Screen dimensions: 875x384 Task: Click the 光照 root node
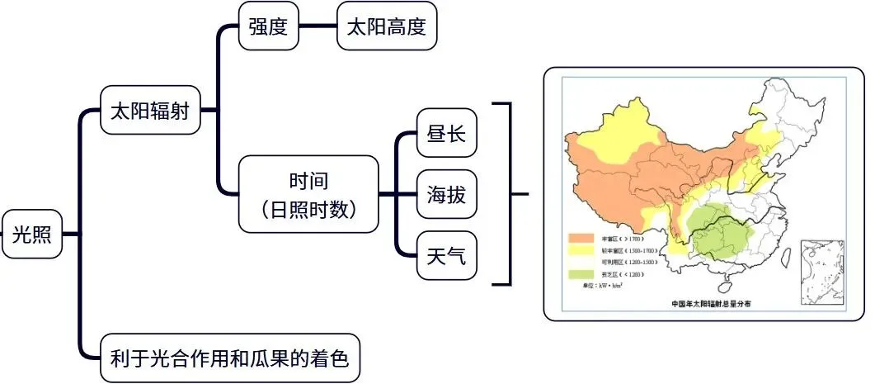[x=32, y=234]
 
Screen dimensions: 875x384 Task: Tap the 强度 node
[x=267, y=26]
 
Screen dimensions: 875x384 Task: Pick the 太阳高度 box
[x=387, y=26]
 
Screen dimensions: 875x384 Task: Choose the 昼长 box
[x=446, y=133]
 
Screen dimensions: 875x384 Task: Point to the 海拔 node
[x=446, y=196]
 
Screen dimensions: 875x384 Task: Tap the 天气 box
[x=446, y=257]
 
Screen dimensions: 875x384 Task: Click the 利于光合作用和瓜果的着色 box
[x=229, y=358]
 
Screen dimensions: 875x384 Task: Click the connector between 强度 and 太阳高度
[x=317, y=26]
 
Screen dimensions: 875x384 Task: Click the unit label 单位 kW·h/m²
[x=600, y=285]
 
